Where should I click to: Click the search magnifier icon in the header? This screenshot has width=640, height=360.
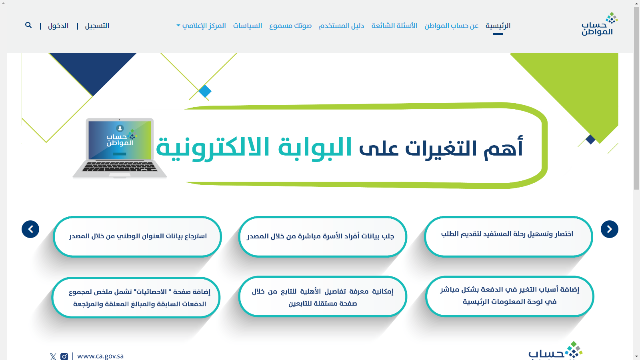pos(28,25)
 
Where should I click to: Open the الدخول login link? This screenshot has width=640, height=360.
pos(58,26)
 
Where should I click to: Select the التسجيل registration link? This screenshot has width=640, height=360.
pos(97,26)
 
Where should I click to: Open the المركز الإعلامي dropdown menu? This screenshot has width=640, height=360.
pos(201,26)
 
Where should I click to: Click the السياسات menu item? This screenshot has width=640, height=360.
pos(248,26)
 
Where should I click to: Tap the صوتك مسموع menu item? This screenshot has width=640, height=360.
pos(290,26)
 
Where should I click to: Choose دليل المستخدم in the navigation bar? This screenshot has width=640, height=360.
pos(342,26)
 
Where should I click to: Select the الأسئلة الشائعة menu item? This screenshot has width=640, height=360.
pos(394,26)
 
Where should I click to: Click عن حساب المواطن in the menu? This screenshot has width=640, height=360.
pos(452,26)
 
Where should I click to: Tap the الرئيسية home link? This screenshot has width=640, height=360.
pos(498,26)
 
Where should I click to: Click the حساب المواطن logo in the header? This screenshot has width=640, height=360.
pos(600,24)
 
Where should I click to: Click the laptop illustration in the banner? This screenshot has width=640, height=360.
pos(120,148)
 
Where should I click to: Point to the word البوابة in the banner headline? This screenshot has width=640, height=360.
pos(315,148)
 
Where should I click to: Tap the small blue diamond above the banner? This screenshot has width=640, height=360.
pos(205,92)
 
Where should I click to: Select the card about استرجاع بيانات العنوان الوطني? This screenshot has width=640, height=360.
pos(138,236)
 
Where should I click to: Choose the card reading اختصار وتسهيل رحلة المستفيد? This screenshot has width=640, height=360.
pos(508,236)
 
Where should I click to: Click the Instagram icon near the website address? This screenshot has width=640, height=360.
pos(64,356)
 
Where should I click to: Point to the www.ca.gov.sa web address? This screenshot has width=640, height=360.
pos(100,356)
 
